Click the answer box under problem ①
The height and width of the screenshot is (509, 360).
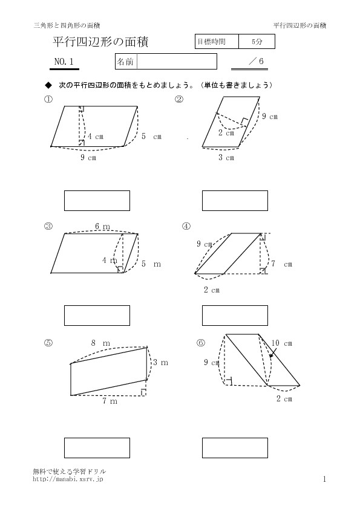[x=97, y=201]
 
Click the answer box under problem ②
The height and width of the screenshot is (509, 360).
[x=235, y=201]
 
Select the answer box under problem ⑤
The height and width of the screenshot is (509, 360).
[x=97, y=448]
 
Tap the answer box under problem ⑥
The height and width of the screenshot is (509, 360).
[x=235, y=448]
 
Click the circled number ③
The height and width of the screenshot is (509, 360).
[x=48, y=226]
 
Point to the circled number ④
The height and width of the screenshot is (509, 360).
[x=186, y=226]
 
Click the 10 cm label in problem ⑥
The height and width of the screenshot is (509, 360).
[x=282, y=343]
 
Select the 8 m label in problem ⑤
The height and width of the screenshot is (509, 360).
[x=100, y=343]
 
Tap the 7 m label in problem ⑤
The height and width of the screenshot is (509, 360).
[x=110, y=401]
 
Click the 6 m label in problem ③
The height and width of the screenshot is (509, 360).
[x=102, y=226]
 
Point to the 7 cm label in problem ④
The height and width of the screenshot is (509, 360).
[x=282, y=264]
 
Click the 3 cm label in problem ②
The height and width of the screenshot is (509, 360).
[x=226, y=158]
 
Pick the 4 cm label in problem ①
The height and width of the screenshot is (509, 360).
[x=96, y=137]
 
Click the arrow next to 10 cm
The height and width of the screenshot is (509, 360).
[x=273, y=353]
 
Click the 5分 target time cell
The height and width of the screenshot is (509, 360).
[x=257, y=42]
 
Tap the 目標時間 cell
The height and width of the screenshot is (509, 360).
[x=217, y=42]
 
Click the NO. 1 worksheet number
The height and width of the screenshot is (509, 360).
[x=64, y=62]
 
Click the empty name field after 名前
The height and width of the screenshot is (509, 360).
[x=177, y=61]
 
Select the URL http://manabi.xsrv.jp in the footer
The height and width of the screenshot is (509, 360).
[x=68, y=479]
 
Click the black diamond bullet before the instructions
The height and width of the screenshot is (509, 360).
[x=48, y=85]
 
